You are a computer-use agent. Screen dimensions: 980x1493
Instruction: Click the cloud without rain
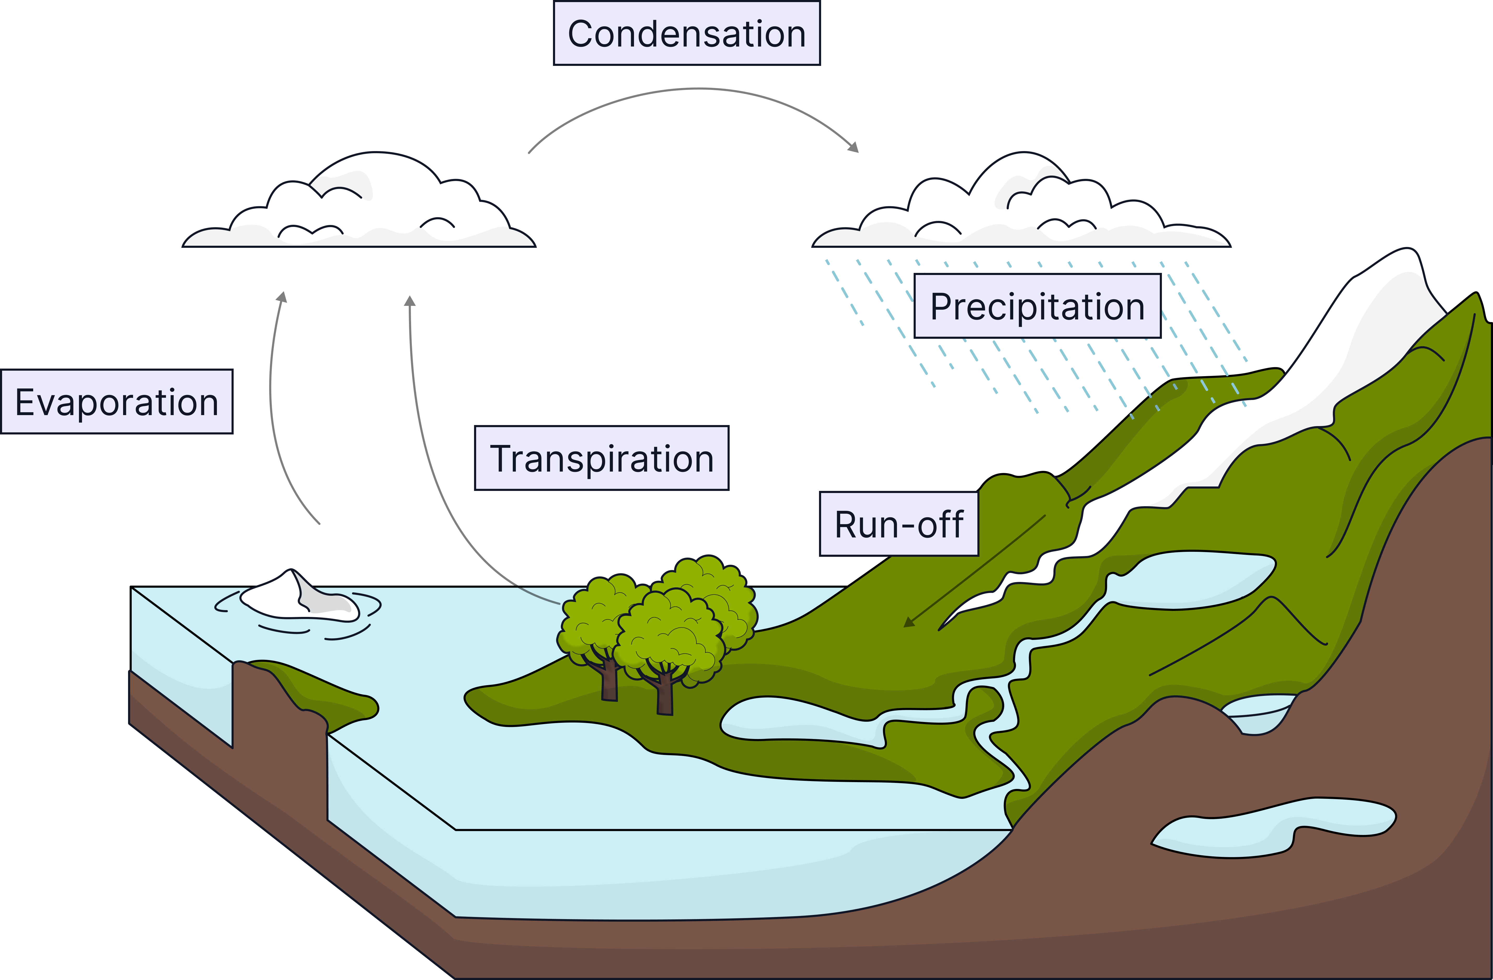(359, 207)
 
